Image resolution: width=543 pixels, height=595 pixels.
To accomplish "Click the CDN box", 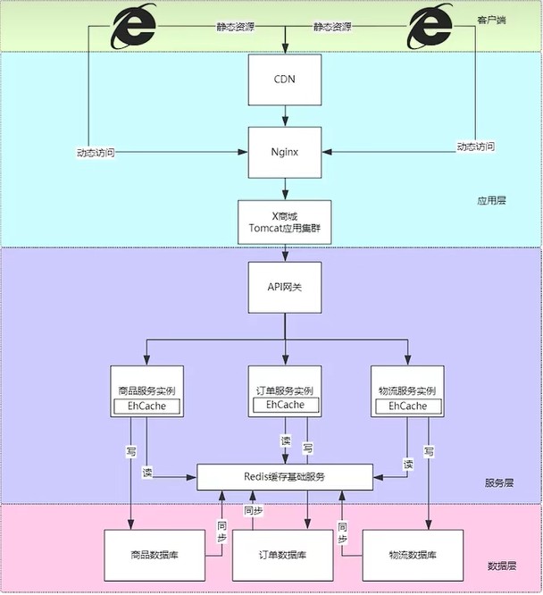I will click(284, 79).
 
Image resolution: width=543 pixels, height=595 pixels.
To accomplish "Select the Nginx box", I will click(284, 153).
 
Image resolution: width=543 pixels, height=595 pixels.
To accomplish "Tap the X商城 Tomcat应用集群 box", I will click(284, 222).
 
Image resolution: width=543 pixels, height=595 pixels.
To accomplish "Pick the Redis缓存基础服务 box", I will click(284, 477).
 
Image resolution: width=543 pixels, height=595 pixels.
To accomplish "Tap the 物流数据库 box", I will click(413, 555).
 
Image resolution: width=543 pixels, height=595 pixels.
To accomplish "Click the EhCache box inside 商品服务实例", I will click(146, 407).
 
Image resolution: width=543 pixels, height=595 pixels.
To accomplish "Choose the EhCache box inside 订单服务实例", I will click(284, 406).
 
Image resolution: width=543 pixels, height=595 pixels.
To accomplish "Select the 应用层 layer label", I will click(491, 201).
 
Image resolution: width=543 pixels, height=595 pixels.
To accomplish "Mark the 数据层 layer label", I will click(500, 566).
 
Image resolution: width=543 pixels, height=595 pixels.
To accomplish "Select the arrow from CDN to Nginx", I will click(284, 114).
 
